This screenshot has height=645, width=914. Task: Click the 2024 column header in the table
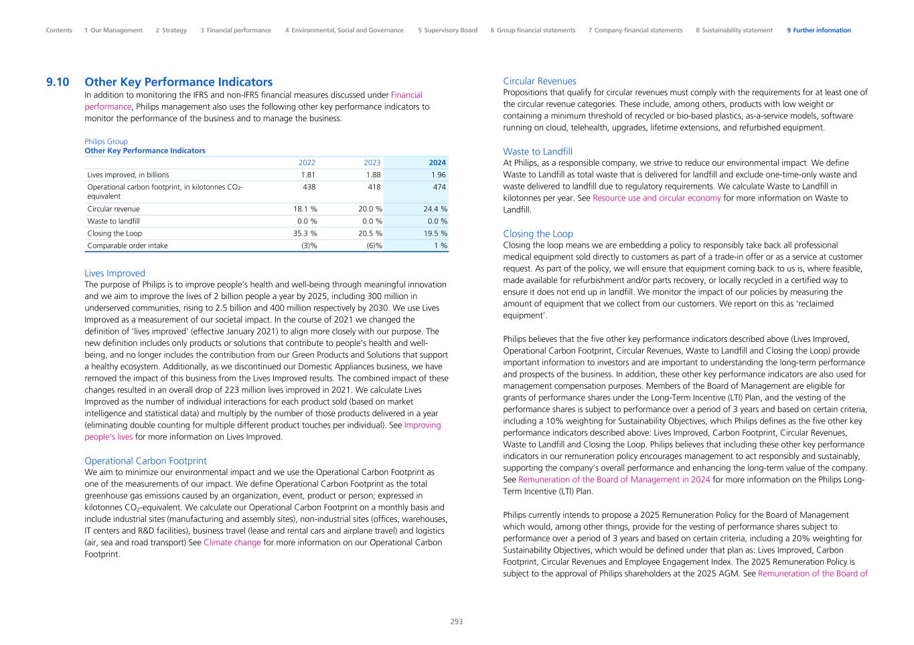437,163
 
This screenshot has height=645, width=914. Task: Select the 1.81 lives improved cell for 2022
308,175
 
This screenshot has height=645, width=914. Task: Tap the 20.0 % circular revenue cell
370,209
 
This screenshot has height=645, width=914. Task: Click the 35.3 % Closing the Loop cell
305,234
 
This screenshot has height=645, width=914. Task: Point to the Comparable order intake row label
127,246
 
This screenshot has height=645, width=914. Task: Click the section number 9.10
58,82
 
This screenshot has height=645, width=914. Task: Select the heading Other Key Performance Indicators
178,82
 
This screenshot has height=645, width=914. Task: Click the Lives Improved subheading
115,273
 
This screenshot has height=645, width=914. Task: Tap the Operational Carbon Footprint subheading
145,461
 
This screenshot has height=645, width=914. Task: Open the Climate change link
232,543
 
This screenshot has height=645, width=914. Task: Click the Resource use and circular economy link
656,198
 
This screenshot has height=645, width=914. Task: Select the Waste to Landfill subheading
537,152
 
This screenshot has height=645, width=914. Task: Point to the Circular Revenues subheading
539,81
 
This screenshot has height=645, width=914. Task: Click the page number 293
456,622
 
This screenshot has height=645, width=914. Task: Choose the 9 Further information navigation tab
818,30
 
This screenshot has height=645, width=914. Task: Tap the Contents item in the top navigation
59,30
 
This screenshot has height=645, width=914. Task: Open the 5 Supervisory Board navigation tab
447,30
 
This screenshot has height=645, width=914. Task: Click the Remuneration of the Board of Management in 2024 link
614,480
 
